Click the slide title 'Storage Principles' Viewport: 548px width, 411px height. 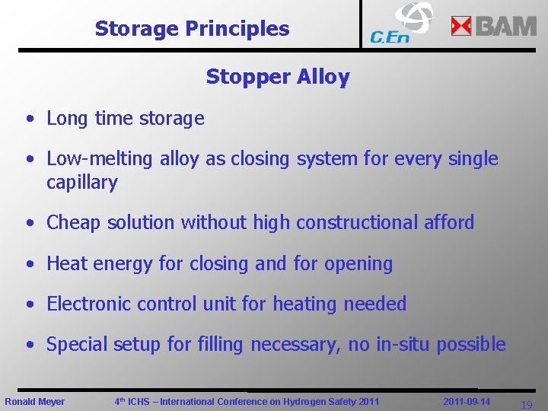tap(192, 29)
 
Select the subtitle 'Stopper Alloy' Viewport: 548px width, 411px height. tap(277, 77)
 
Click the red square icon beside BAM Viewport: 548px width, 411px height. tap(461, 27)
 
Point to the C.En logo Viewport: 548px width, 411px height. tap(401, 24)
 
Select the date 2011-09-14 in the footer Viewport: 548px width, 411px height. tap(467, 401)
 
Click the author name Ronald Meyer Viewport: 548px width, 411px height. tap(35, 401)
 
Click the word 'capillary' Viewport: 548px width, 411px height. tap(82, 183)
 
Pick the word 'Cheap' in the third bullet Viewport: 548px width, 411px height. tap(72, 223)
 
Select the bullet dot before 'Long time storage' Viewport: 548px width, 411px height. tap(28, 119)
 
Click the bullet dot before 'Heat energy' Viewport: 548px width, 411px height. tap(28, 264)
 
